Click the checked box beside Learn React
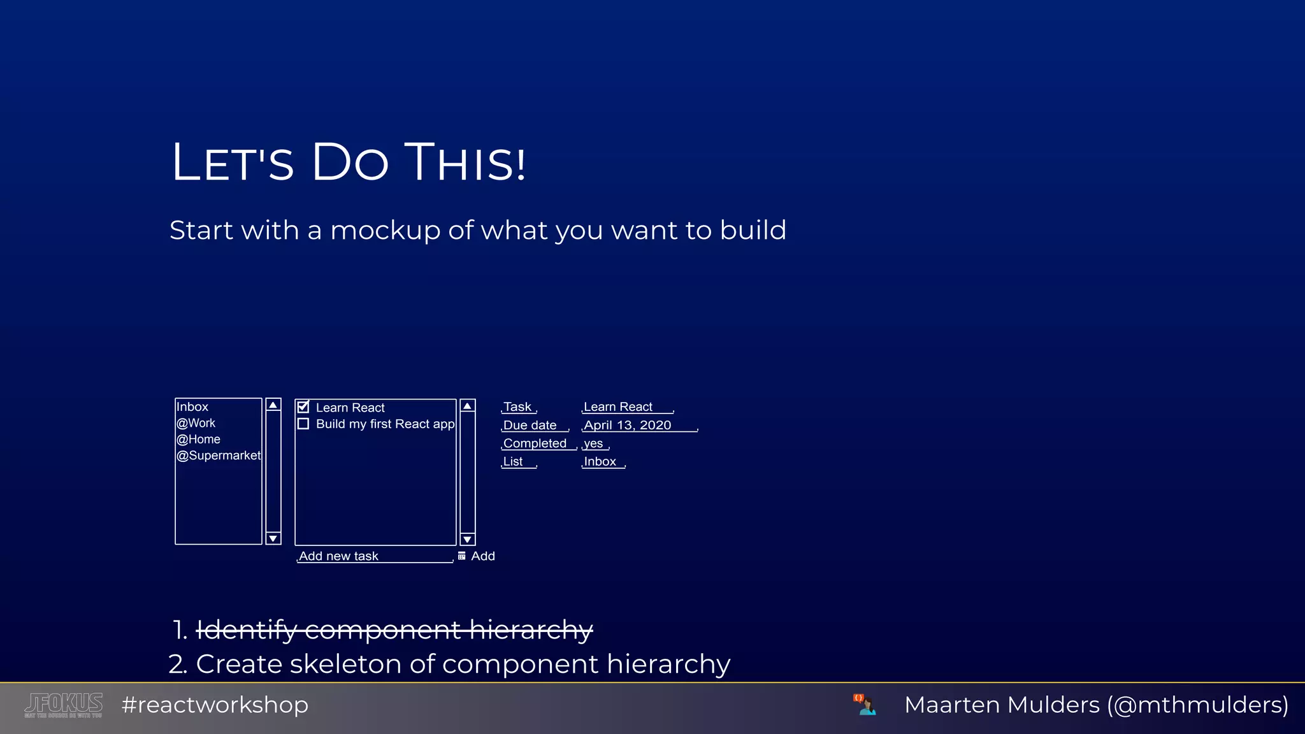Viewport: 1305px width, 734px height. coord(303,407)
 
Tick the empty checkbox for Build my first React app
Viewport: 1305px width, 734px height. coord(303,424)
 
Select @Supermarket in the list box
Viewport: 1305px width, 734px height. coord(219,456)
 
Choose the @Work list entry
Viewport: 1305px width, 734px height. coord(196,423)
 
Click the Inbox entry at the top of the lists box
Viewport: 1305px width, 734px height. coord(192,407)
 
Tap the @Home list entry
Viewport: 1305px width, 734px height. coord(199,439)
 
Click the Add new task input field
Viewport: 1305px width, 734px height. coord(375,556)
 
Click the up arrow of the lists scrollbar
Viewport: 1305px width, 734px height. coord(273,405)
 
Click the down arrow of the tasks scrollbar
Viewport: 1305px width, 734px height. coord(468,540)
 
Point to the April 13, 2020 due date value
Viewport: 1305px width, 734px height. coord(628,425)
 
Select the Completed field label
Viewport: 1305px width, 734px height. coord(535,443)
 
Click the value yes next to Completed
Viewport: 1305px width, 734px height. coord(593,443)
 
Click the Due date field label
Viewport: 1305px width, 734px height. coord(530,425)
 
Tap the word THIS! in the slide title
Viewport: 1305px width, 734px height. coord(466,162)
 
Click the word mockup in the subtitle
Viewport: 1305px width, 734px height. coord(385,231)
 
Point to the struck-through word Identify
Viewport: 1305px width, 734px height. coord(246,630)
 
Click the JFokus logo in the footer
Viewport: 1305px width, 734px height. coord(64,705)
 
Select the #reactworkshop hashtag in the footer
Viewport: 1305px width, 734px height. coord(215,705)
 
